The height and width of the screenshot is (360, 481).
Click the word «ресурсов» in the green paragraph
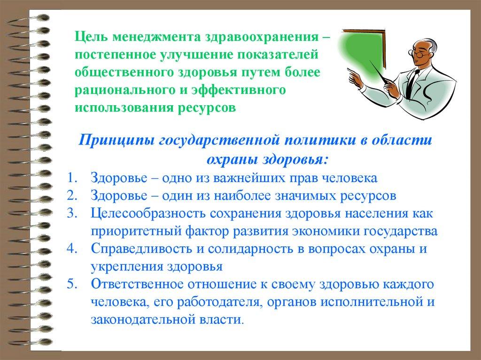click(207, 108)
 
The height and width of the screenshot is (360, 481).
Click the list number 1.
click(72, 178)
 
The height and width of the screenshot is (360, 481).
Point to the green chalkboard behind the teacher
click(362, 50)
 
